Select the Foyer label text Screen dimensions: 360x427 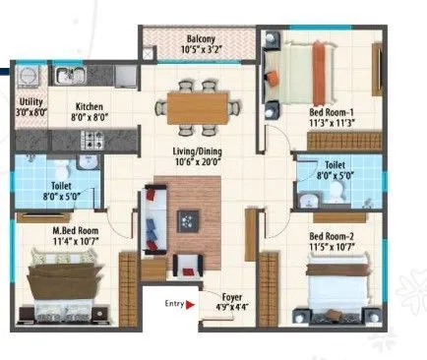point(232,295)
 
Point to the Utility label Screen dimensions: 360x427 point(30,102)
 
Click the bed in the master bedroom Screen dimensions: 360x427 point(60,284)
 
